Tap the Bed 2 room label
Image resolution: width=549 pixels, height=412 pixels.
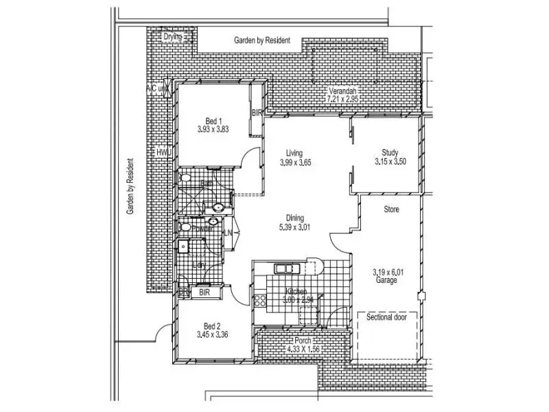click(x=211, y=326)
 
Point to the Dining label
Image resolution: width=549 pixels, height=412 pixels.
click(x=295, y=218)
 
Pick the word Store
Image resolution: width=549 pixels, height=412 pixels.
click(x=391, y=209)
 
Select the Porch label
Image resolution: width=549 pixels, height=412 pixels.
click(x=303, y=341)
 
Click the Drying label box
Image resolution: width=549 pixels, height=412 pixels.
click(x=173, y=37)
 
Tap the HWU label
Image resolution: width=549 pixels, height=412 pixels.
click(x=163, y=152)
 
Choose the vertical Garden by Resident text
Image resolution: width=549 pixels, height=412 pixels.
click(x=130, y=187)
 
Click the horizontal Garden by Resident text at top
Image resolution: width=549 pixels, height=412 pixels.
click(x=262, y=41)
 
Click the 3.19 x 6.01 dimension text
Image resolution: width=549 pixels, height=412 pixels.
click(x=389, y=272)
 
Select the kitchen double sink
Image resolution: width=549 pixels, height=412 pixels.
click(x=284, y=268)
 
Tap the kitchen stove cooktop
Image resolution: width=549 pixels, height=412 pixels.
click(x=260, y=300)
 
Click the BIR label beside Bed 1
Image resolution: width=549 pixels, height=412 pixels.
click(x=257, y=112)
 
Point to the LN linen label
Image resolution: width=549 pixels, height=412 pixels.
click(x=228, y=233)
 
